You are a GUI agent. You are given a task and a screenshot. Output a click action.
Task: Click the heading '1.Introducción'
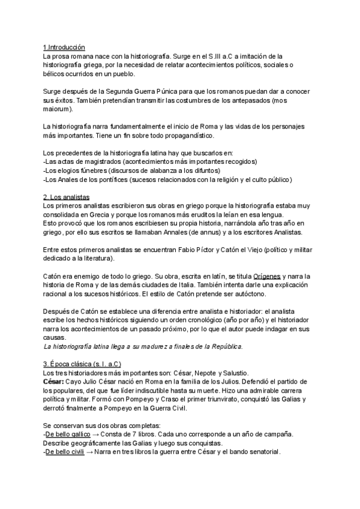click(64, 47)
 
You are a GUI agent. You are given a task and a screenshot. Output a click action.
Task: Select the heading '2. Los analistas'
click(66, 197)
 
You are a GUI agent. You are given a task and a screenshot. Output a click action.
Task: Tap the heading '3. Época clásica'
click(74, 364)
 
